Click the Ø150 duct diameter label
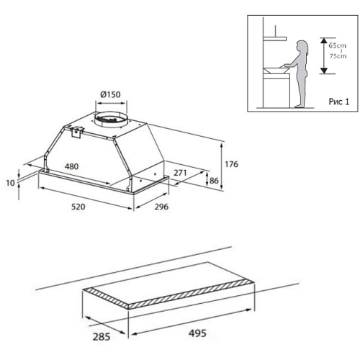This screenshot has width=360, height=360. point(110,94)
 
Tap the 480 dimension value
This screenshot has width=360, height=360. point(71,166)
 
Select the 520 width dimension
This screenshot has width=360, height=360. point(78,207)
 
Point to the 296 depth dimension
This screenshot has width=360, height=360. point(161,207)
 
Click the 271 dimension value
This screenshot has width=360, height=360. point(180,173)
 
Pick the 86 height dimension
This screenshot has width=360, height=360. point(214,181)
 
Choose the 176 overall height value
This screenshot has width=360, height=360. point(231,164)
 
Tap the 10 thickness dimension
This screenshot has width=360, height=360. point(10,183)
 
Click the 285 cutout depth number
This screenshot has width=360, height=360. point(102,337)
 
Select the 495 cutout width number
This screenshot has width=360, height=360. point(197,333)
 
